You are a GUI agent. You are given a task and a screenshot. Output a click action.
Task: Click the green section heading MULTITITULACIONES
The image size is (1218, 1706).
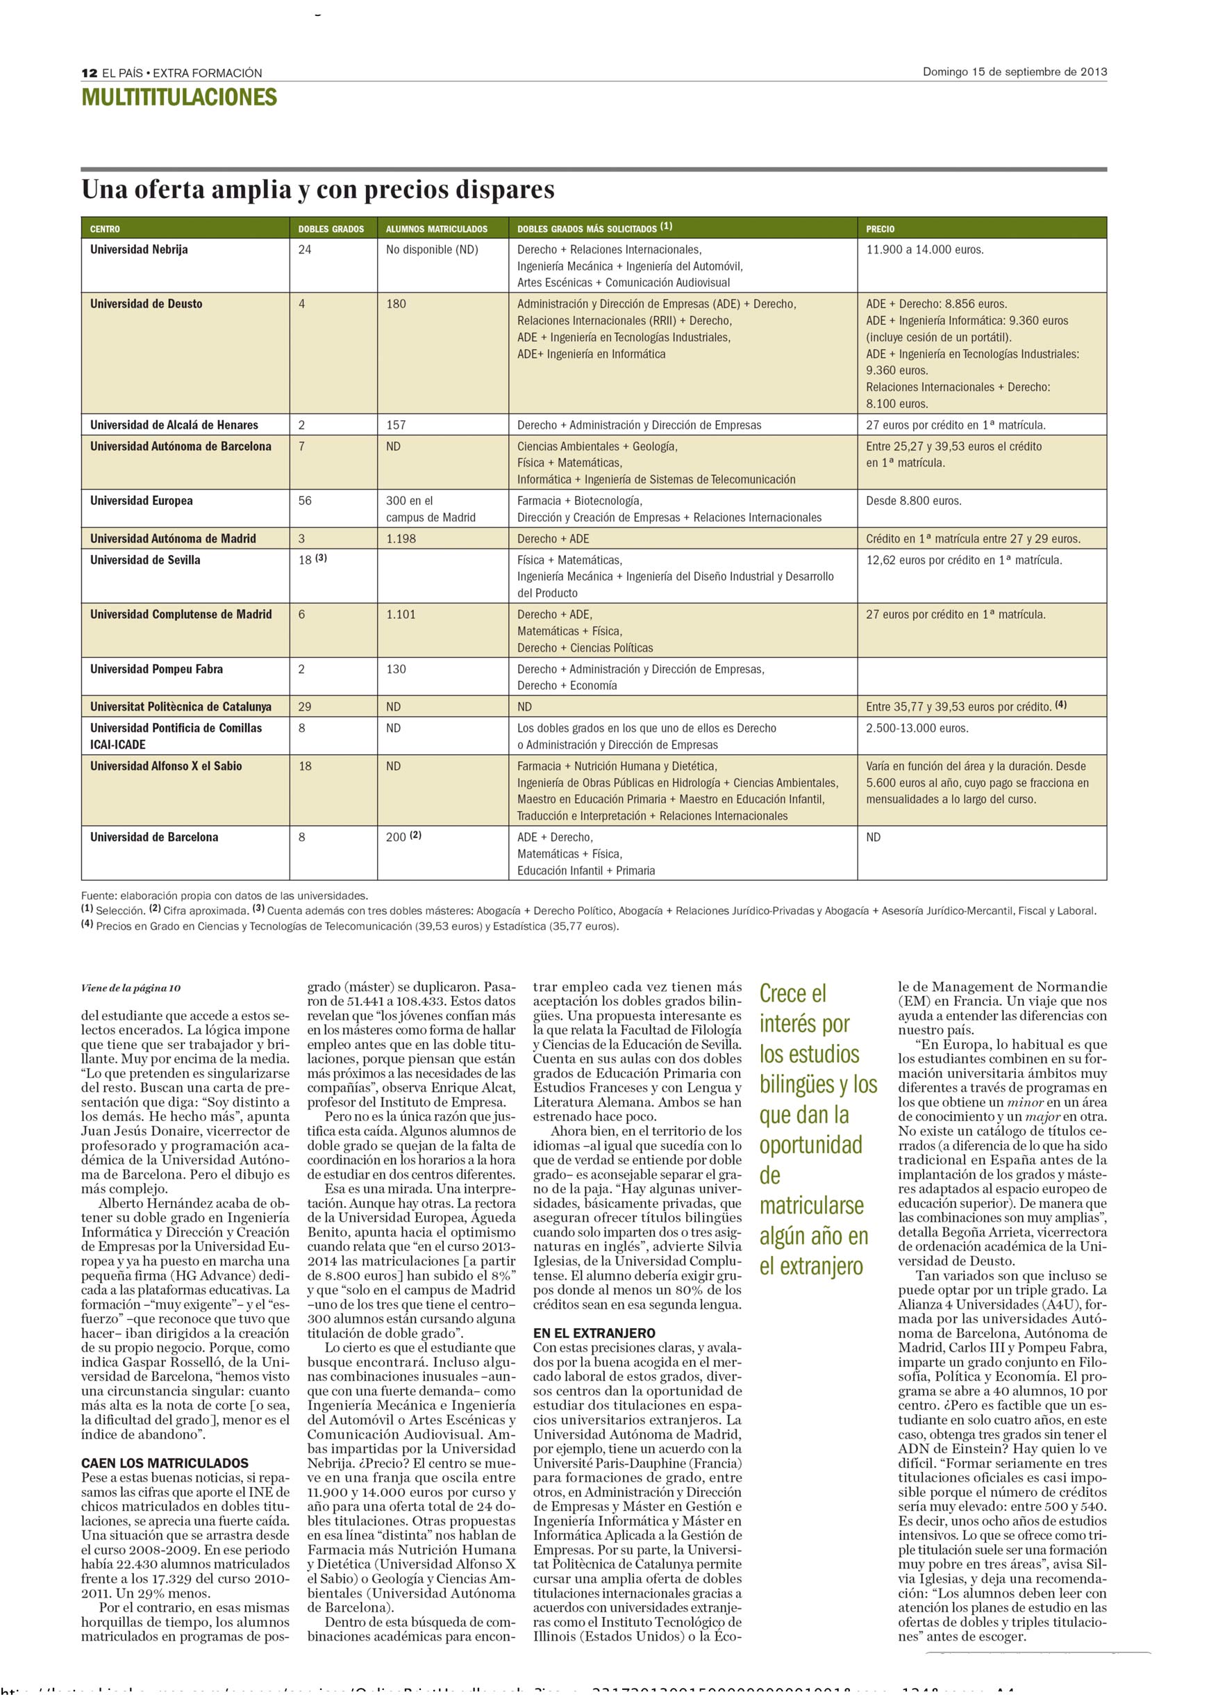(x=179, y=97)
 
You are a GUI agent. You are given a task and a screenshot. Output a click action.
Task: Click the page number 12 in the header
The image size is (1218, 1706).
(x=90, y=73)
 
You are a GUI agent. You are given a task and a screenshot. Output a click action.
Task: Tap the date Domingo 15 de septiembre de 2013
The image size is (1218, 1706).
(x=1014, y=72)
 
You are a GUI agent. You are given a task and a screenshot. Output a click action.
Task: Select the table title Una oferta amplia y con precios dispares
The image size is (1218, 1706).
(x=318, y=190)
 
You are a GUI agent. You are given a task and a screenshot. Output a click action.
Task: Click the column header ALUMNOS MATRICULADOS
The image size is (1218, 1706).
(x=437, y=229)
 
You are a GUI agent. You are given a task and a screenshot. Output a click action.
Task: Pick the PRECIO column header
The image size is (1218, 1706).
(x=880, y=229)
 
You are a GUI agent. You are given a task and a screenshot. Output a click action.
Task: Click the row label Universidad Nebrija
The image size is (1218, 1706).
(x=139, y=250)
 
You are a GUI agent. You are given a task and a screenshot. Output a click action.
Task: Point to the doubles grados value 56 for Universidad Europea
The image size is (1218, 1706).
(x=304, y=501)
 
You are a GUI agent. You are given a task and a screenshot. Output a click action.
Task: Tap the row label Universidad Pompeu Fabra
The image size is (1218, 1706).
(x=156, y=669)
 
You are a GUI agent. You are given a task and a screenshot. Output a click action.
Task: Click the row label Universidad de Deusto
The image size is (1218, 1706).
(x=147, y=304)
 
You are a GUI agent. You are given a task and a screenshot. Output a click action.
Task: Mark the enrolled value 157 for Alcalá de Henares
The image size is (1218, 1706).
(x=396, y=425)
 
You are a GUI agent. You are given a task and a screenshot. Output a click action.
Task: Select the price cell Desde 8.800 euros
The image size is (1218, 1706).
(x=914, y=501)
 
